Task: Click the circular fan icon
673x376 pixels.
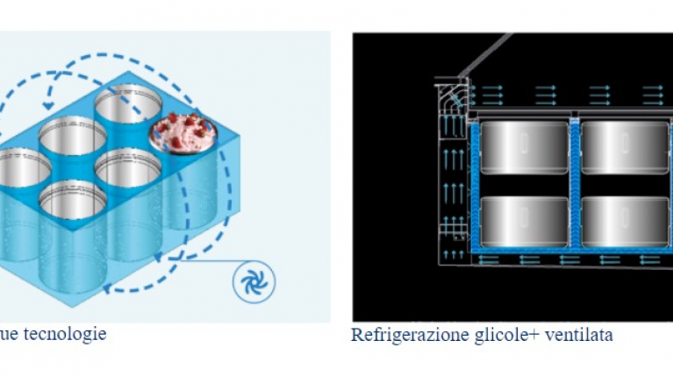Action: pyautogui.click(x=254, y=282)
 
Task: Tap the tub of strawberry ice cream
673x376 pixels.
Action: pyautogui.click(x=183, y=131)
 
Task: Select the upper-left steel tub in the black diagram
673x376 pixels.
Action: pyautogui.click(x=525, y=147)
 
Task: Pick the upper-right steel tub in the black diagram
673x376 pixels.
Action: pyautogui.click(x=626, y=147)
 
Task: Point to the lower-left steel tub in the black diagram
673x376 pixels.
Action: pyautogui.click(x=525, y=222)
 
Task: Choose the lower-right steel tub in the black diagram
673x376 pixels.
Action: pyautogui.click(x=626, y=222)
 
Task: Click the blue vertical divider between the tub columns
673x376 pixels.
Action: pyautogui.click(x=576, y=184)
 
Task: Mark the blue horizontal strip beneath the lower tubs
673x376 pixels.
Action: pyautogui.click(x=570, y=259)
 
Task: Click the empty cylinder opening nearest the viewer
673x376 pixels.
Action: pyautogui.click(x=73, y=201)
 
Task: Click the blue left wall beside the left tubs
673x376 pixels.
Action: pyautogui.click(x=476, y=184)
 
